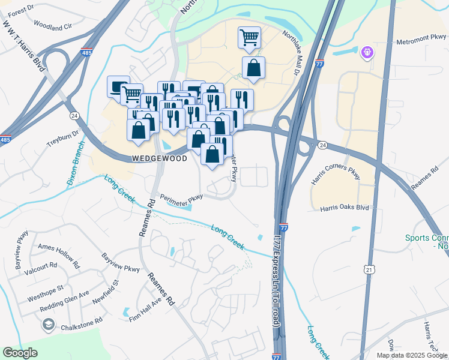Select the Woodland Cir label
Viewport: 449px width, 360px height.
(x=52, y=26)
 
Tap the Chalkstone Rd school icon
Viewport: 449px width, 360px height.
(x=48, y=325)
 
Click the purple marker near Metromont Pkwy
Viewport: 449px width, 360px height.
(x=367, y=53)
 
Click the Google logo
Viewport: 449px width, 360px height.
(x=20, y=353)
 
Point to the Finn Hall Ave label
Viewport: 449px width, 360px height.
(x=145, y=310)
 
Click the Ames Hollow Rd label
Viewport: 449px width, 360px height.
(x=58, y=255)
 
